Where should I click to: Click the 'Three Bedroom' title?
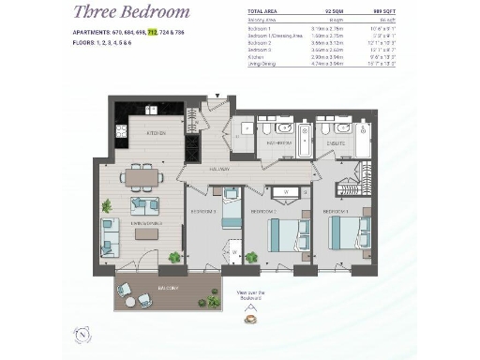pos(131,12)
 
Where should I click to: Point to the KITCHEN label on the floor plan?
pos(156,133)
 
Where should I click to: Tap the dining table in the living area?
pos(142,175)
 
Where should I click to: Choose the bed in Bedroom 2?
pos(285,235)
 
